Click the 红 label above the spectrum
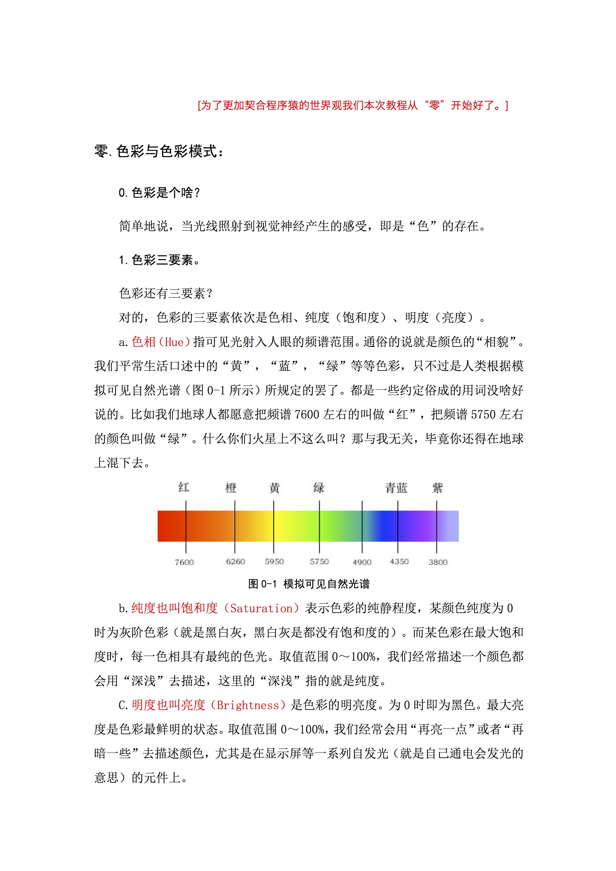(184, 487)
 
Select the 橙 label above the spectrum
(231, 488)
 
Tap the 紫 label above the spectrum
(437, 488)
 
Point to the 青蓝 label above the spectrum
(396, 488)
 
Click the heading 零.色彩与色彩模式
(159, 151)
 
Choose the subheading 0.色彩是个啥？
(159, 193)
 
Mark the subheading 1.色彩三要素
(159, 260)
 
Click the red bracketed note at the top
(353, 105)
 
